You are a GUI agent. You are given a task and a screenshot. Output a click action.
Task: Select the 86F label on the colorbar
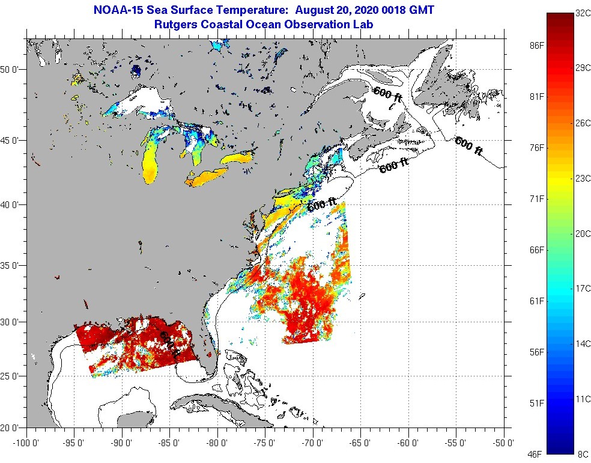point(537,46)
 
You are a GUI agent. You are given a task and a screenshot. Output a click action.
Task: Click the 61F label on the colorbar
point(537,301)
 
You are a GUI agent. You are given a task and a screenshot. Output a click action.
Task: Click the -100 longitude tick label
point(25,443)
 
